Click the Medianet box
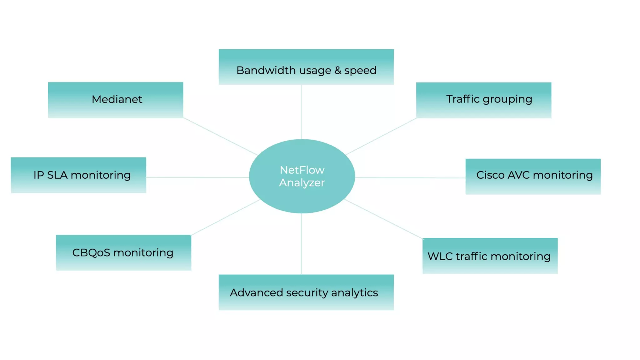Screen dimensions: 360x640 pos(116,100)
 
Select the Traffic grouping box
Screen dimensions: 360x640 pos(483,100)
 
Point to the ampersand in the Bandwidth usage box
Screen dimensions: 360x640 pos(338,70)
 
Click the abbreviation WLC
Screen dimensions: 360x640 pos(440,256)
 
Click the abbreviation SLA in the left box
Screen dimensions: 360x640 pos(57,175)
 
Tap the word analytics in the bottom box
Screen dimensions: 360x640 pos(354,293)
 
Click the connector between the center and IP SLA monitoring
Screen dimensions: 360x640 pos(197,177)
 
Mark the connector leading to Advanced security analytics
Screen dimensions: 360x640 pos(301,244)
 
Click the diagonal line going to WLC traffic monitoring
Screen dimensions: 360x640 pos(384,219)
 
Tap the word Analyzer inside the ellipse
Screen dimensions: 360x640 pos(302,183)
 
